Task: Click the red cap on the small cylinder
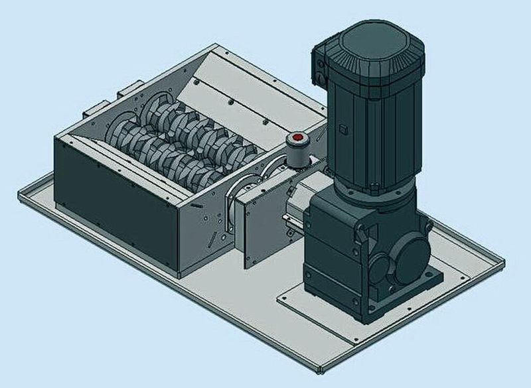point(297,140)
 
